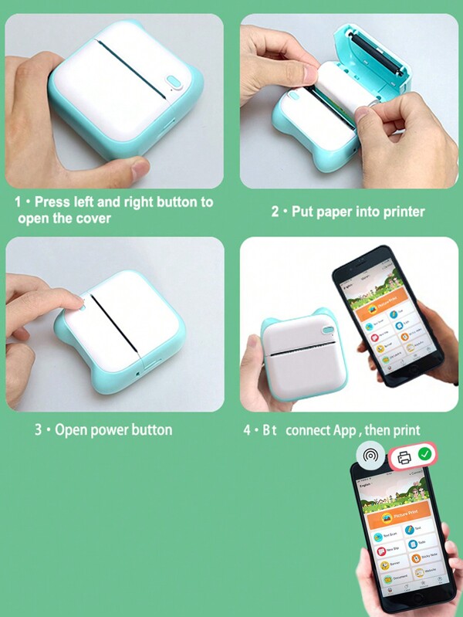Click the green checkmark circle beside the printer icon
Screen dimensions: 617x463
tap(424, 456)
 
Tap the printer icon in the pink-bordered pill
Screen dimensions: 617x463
tap(404, 456)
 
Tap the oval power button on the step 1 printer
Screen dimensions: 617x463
tap(174, 83)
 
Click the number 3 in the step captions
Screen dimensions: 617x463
tap(38, 429)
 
